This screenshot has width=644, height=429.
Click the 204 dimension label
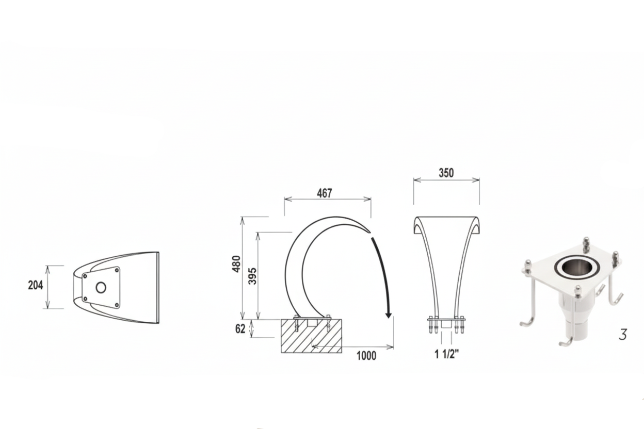coord(36,285)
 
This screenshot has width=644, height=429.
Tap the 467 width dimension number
coord(324,193)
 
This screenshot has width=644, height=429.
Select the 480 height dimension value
coord(236,264)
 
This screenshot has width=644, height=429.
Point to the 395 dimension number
coord(252,276)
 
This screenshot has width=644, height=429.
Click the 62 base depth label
coord(240,329)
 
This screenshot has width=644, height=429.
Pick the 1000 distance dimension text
coord(366,356)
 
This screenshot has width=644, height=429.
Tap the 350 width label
coord(446,173)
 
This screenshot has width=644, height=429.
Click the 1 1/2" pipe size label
coord(446,354)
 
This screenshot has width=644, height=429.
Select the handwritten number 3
coord(622,335)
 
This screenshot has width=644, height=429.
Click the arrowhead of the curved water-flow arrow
coord(389,315)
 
